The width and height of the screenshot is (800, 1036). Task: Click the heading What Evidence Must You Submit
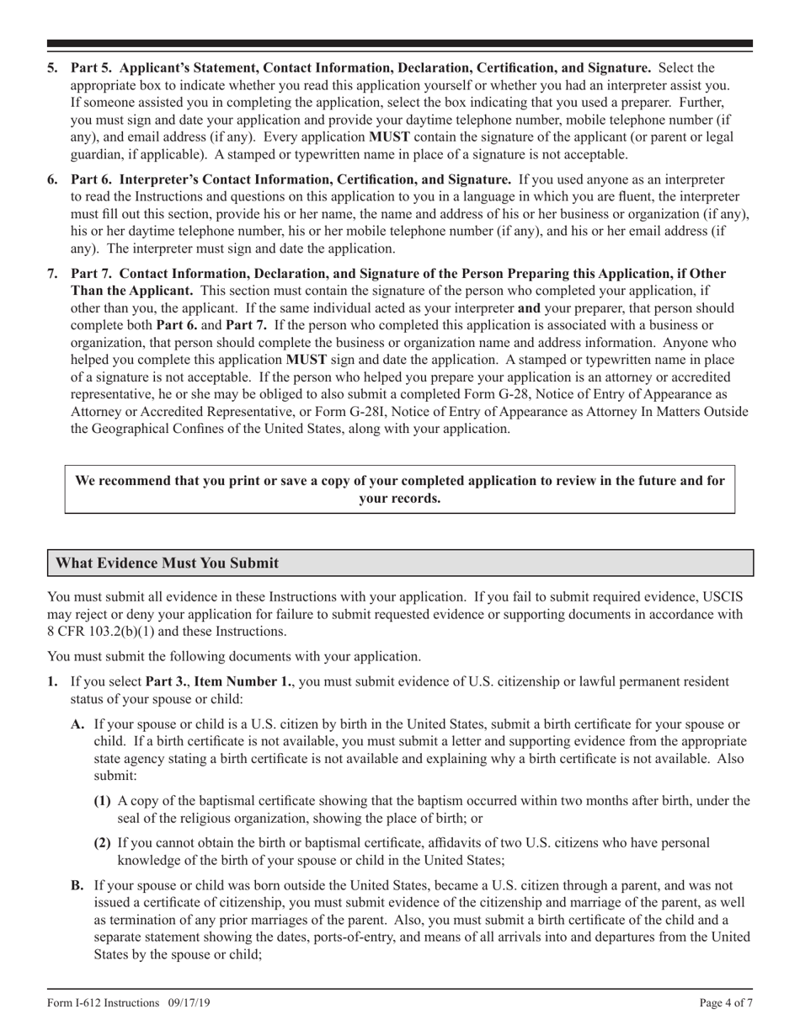point(167,563)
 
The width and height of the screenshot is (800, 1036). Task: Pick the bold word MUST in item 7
point(307,359)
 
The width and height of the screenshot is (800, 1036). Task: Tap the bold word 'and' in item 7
point(529,308)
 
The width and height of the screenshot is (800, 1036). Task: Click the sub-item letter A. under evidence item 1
point(78,724)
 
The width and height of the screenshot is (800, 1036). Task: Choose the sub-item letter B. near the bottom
point(77,885)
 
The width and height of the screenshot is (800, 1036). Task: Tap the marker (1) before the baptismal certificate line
point(102,801)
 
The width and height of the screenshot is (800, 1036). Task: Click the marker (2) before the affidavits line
point(102,842)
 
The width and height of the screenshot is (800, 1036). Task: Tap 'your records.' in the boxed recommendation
point(399,498)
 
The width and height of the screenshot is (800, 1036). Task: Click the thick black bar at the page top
point(399,43)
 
